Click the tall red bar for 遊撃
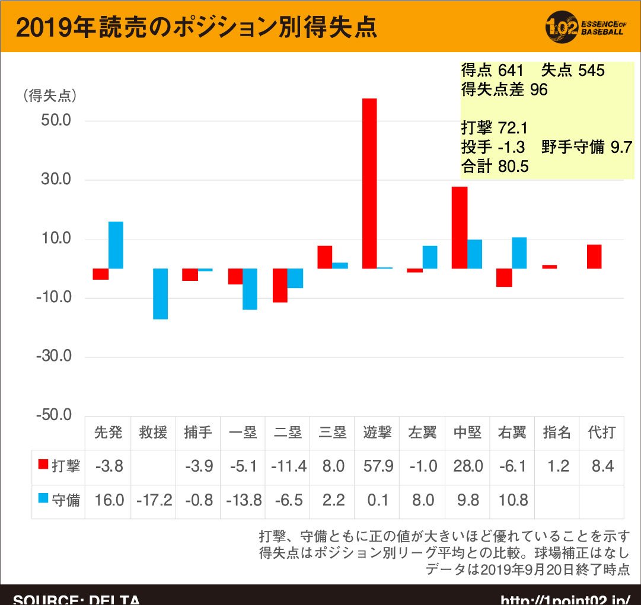370,183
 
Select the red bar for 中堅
460,228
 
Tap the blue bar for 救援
160,294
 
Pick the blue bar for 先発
116,245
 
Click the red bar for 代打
594,257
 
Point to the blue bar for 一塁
250,289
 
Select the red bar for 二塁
280,286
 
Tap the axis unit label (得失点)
50,96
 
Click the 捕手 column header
197,433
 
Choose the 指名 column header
557,433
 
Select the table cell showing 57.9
377,466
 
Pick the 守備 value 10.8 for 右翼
513,500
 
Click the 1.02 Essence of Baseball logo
584,26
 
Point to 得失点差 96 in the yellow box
504,90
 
